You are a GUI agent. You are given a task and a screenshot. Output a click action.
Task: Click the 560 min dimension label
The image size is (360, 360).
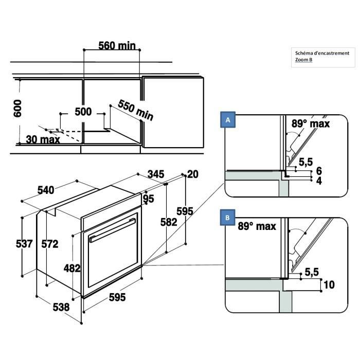(x=117, y=46)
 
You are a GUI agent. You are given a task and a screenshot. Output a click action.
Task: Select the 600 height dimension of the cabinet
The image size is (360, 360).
(x=17, y=109)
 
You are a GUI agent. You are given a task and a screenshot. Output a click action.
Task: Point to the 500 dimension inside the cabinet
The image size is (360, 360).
(x=83, y=112)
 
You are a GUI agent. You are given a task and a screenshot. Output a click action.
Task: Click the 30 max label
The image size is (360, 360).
(x=43, y=139)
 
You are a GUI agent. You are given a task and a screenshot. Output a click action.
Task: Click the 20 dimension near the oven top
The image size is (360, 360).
(x=192, y=174)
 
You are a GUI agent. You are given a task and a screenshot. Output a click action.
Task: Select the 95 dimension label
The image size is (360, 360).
(x=149, y=199)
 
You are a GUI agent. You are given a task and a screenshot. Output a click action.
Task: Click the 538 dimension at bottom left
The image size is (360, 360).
(x=61, y=307)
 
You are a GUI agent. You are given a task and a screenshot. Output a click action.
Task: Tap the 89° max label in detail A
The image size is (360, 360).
(x=311, y=123)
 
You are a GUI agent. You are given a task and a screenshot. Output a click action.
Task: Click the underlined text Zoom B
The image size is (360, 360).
(x=303, y=60)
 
